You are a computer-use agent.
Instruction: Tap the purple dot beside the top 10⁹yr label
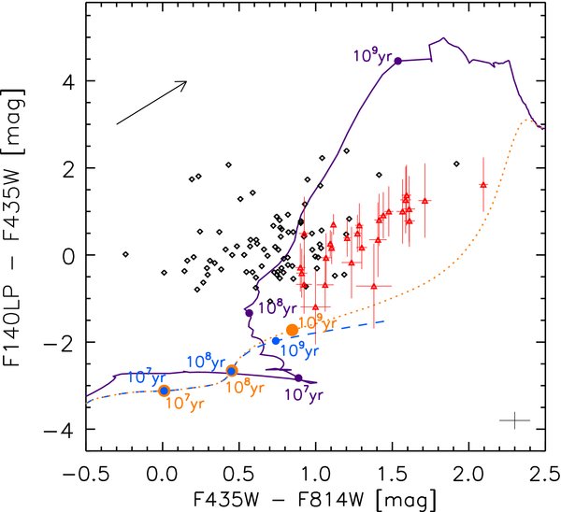coord(398,62)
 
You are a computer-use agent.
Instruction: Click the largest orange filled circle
coord(292,330)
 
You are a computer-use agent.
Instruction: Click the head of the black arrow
coord(185,82)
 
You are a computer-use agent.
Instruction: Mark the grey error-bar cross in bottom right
coord(514,422)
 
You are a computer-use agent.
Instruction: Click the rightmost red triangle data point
coord(482,185)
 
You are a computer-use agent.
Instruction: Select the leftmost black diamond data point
coord(124,252)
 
